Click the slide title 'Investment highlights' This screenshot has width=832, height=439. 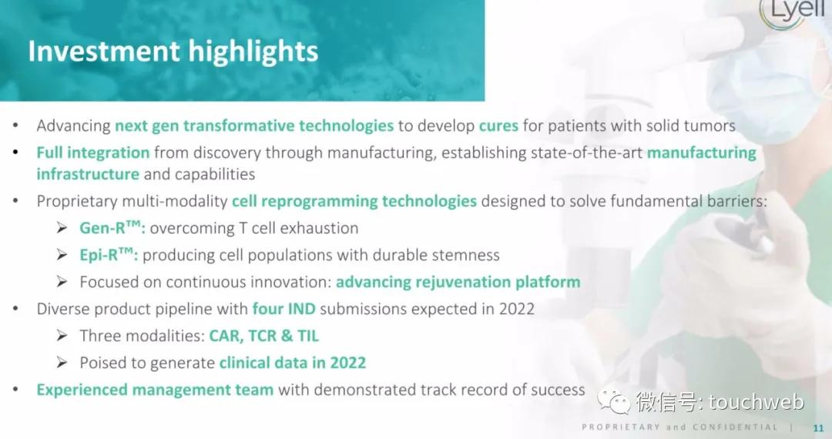[173, 52]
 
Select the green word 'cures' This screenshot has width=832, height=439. [498, 126]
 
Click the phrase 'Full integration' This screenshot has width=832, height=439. [93, 152]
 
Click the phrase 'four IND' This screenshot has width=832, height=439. [283, 309]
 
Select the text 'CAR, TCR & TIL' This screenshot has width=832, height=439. [263, 336]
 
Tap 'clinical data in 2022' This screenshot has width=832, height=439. [293, 363]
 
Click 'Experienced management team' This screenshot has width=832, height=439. [155, 390]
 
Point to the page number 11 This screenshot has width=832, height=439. [818, 428]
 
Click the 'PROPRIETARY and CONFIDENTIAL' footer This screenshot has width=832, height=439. [679, 427]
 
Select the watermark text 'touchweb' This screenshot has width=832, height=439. [757, 402]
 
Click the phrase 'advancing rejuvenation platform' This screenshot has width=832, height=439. [458, 282]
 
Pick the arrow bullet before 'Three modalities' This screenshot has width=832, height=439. [62, 336]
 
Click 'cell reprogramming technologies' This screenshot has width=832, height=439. [354, 202]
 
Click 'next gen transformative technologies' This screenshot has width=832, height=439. [254, 126]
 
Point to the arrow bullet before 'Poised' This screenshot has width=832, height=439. [62, 363]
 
